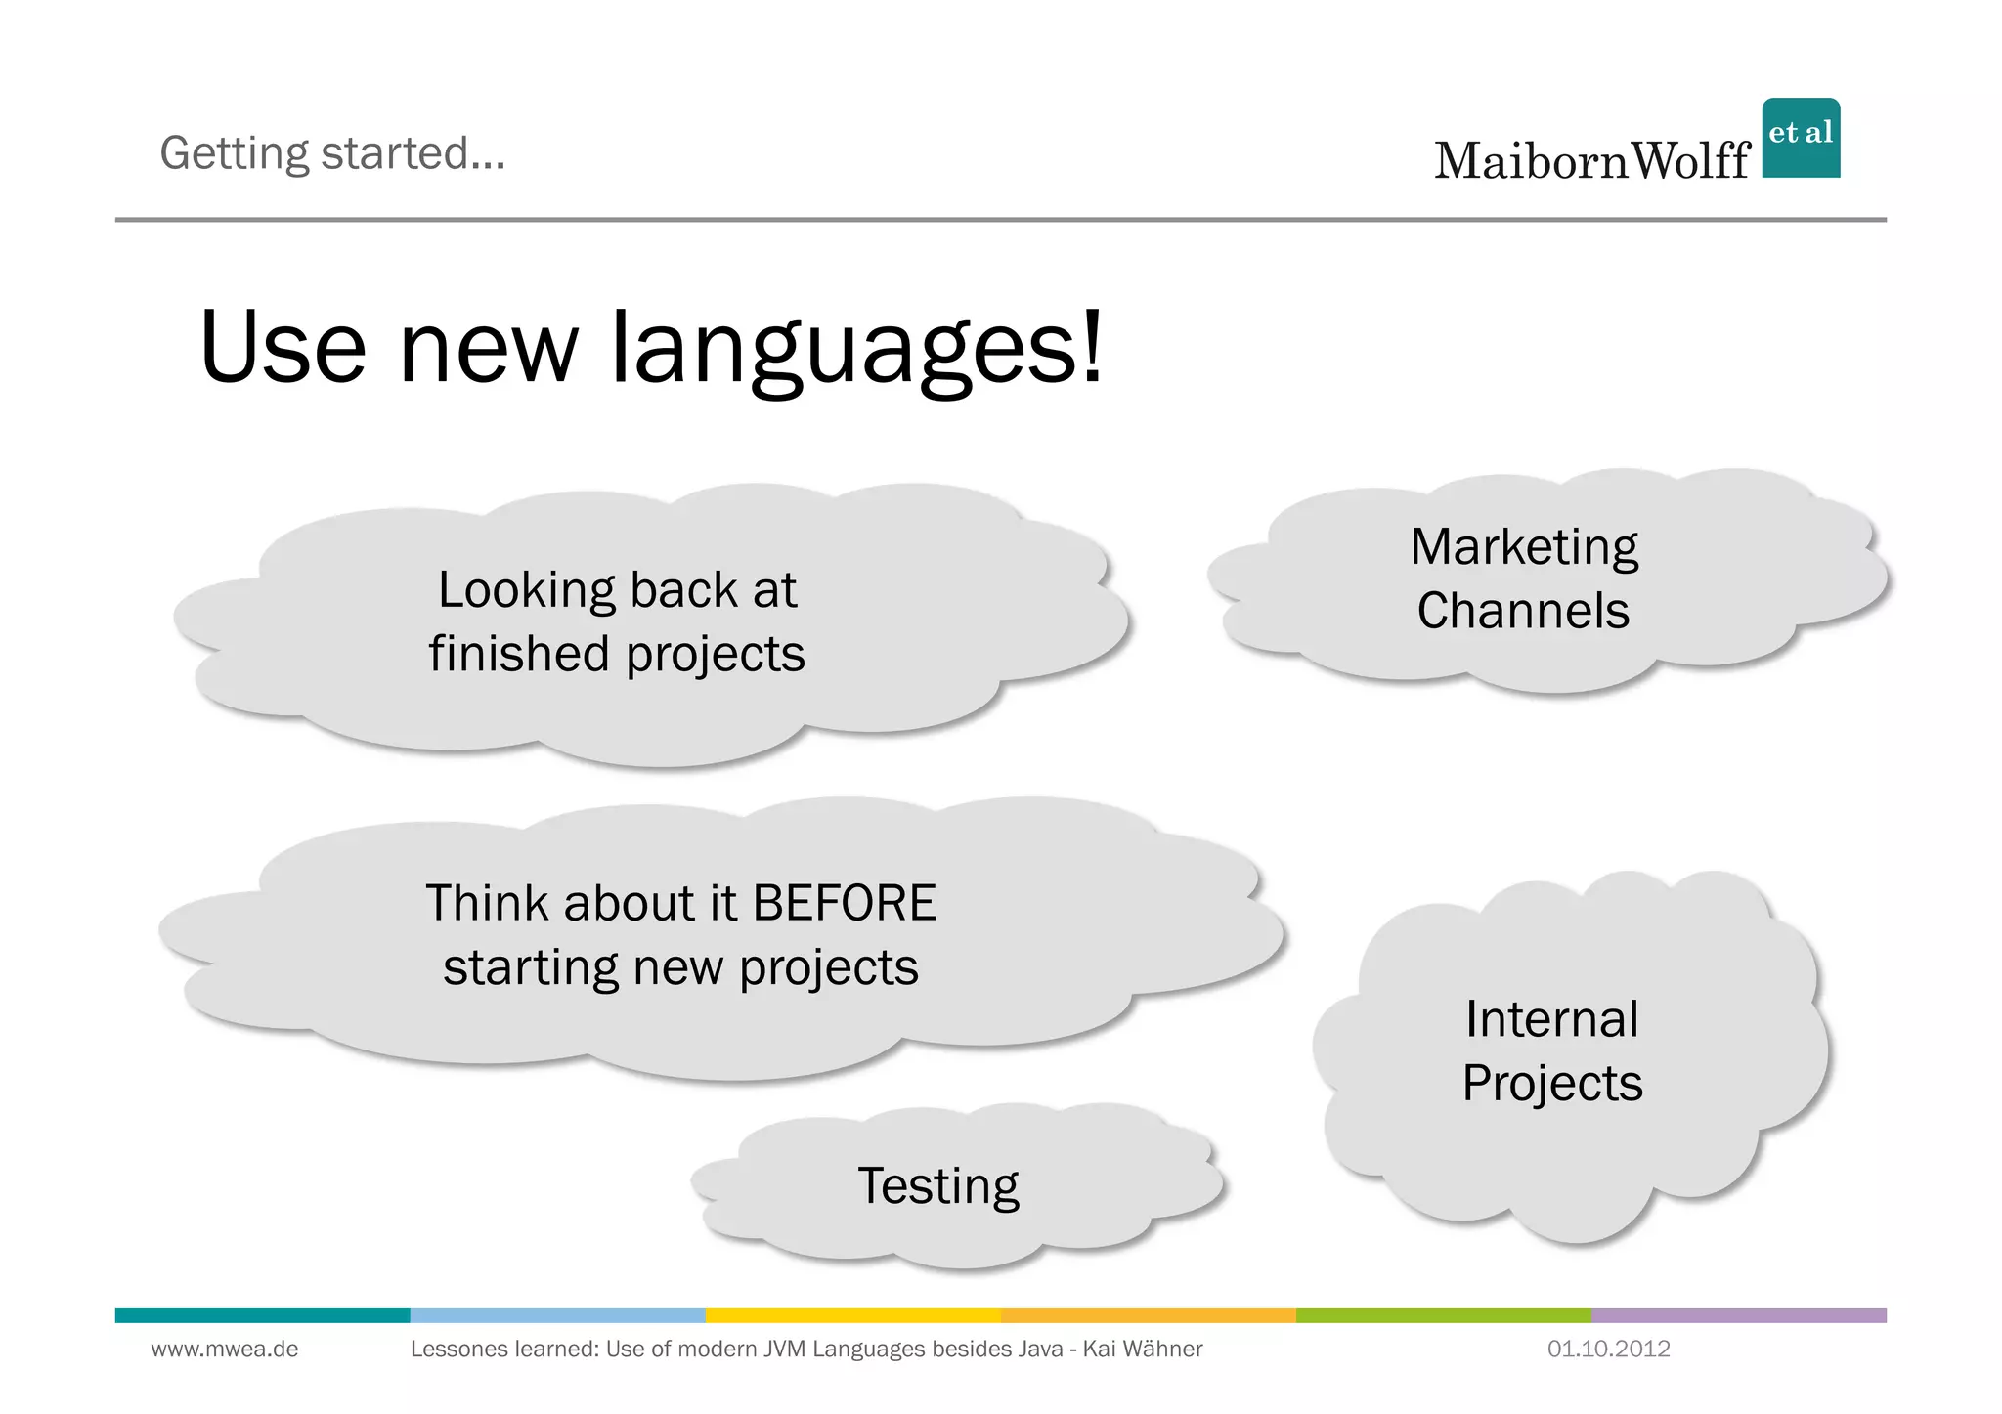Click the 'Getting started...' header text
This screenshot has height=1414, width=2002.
point(332,153)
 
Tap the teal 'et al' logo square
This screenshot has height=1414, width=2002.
point(1801,138)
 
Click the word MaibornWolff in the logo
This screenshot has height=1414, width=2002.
point(1591,161)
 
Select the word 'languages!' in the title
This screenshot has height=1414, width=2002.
point(857,350)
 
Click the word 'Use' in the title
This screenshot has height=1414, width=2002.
point(283,350)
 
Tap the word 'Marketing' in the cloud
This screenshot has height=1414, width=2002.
point(1523,547)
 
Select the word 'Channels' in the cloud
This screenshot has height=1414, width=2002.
point(1523,612)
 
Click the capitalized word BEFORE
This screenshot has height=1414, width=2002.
point(845,903)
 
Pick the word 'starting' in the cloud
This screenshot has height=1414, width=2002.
point(529,968)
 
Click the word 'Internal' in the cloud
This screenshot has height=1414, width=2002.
point(1551,1019)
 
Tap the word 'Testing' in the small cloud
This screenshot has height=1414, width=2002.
point(937,1186)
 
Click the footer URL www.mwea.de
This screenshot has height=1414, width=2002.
point(225,1350)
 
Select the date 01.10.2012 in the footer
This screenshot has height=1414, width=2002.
point(1608,1350)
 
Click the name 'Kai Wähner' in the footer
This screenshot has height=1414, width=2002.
point(1142,1350)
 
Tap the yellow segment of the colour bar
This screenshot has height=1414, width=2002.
point(852,1315)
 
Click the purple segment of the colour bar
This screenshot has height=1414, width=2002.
point(1738,1315)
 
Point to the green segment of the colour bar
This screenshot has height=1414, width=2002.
point(1443,1315)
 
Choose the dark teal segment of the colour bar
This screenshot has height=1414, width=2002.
point(262,1315)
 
